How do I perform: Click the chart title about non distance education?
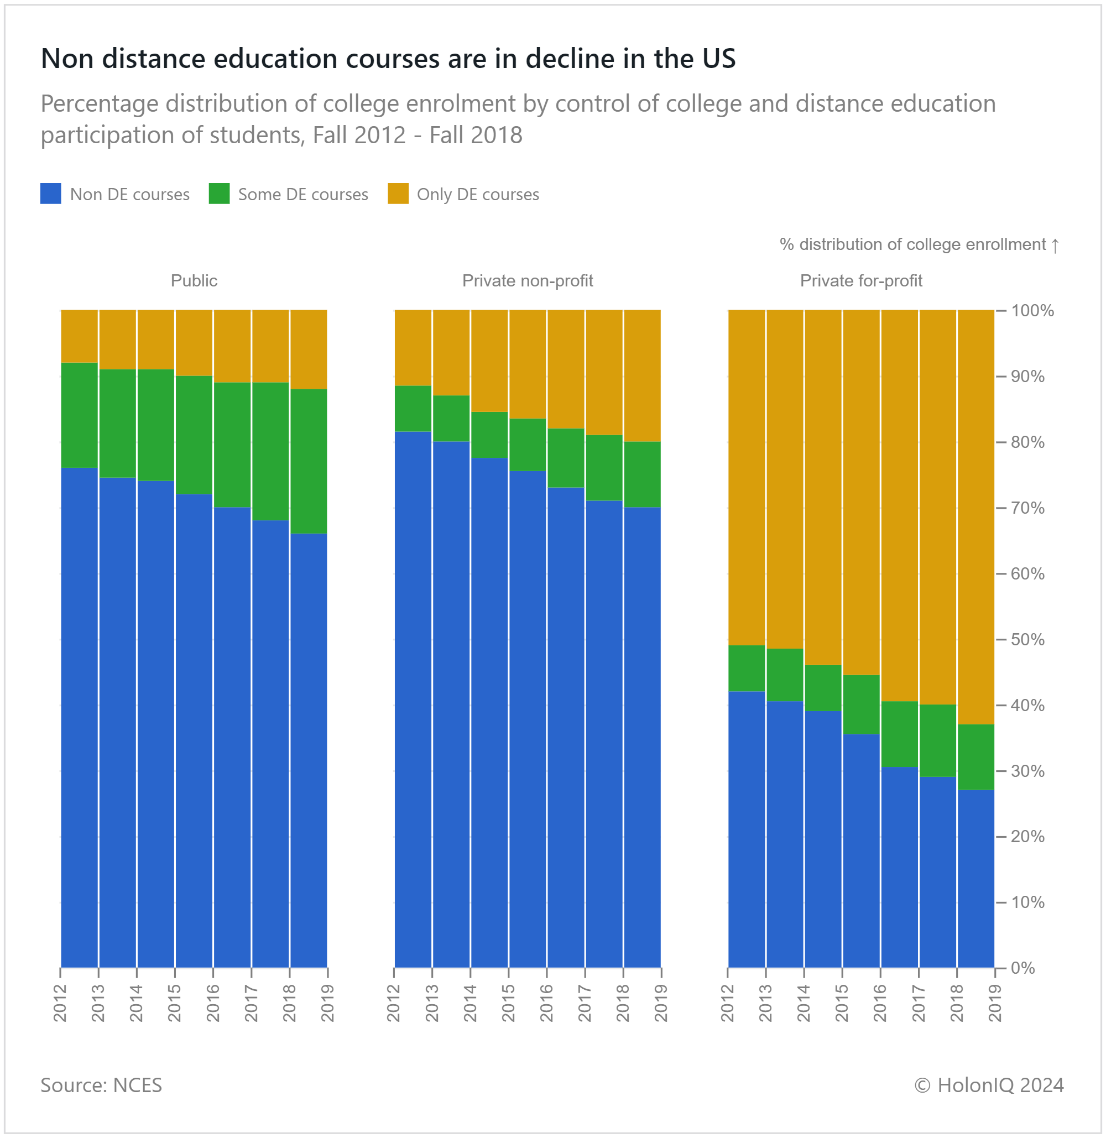[x=388, y=59]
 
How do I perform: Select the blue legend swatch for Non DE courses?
[x=50, y=194]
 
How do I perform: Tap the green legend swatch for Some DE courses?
[x=219, y=194]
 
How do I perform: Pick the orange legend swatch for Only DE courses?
[x=398, y=194]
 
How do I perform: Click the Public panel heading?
[x=194, y=280]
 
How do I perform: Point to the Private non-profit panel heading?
[x=528, y=280]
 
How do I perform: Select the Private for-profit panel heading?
[x=861, y=280]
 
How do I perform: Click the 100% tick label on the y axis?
[x=1032, y=311]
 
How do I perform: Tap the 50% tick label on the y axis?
[x=1027, y=640]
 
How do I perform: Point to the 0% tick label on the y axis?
[x=1023, y=968]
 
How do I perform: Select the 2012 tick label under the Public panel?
[x=60, y=1003]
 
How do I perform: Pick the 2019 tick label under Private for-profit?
[x=995, y=1003]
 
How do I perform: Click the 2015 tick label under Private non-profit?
[x=508, y=1003]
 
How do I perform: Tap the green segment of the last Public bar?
[x=309, y=461]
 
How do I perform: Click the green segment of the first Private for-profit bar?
[x=747, y=668]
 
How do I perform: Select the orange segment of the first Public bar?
[x=80, y=336]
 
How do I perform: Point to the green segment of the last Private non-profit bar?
[x=642, y=474]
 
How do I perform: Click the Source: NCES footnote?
[x=101, y=1085]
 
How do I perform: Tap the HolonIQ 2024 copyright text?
[x=989, y=1085]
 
